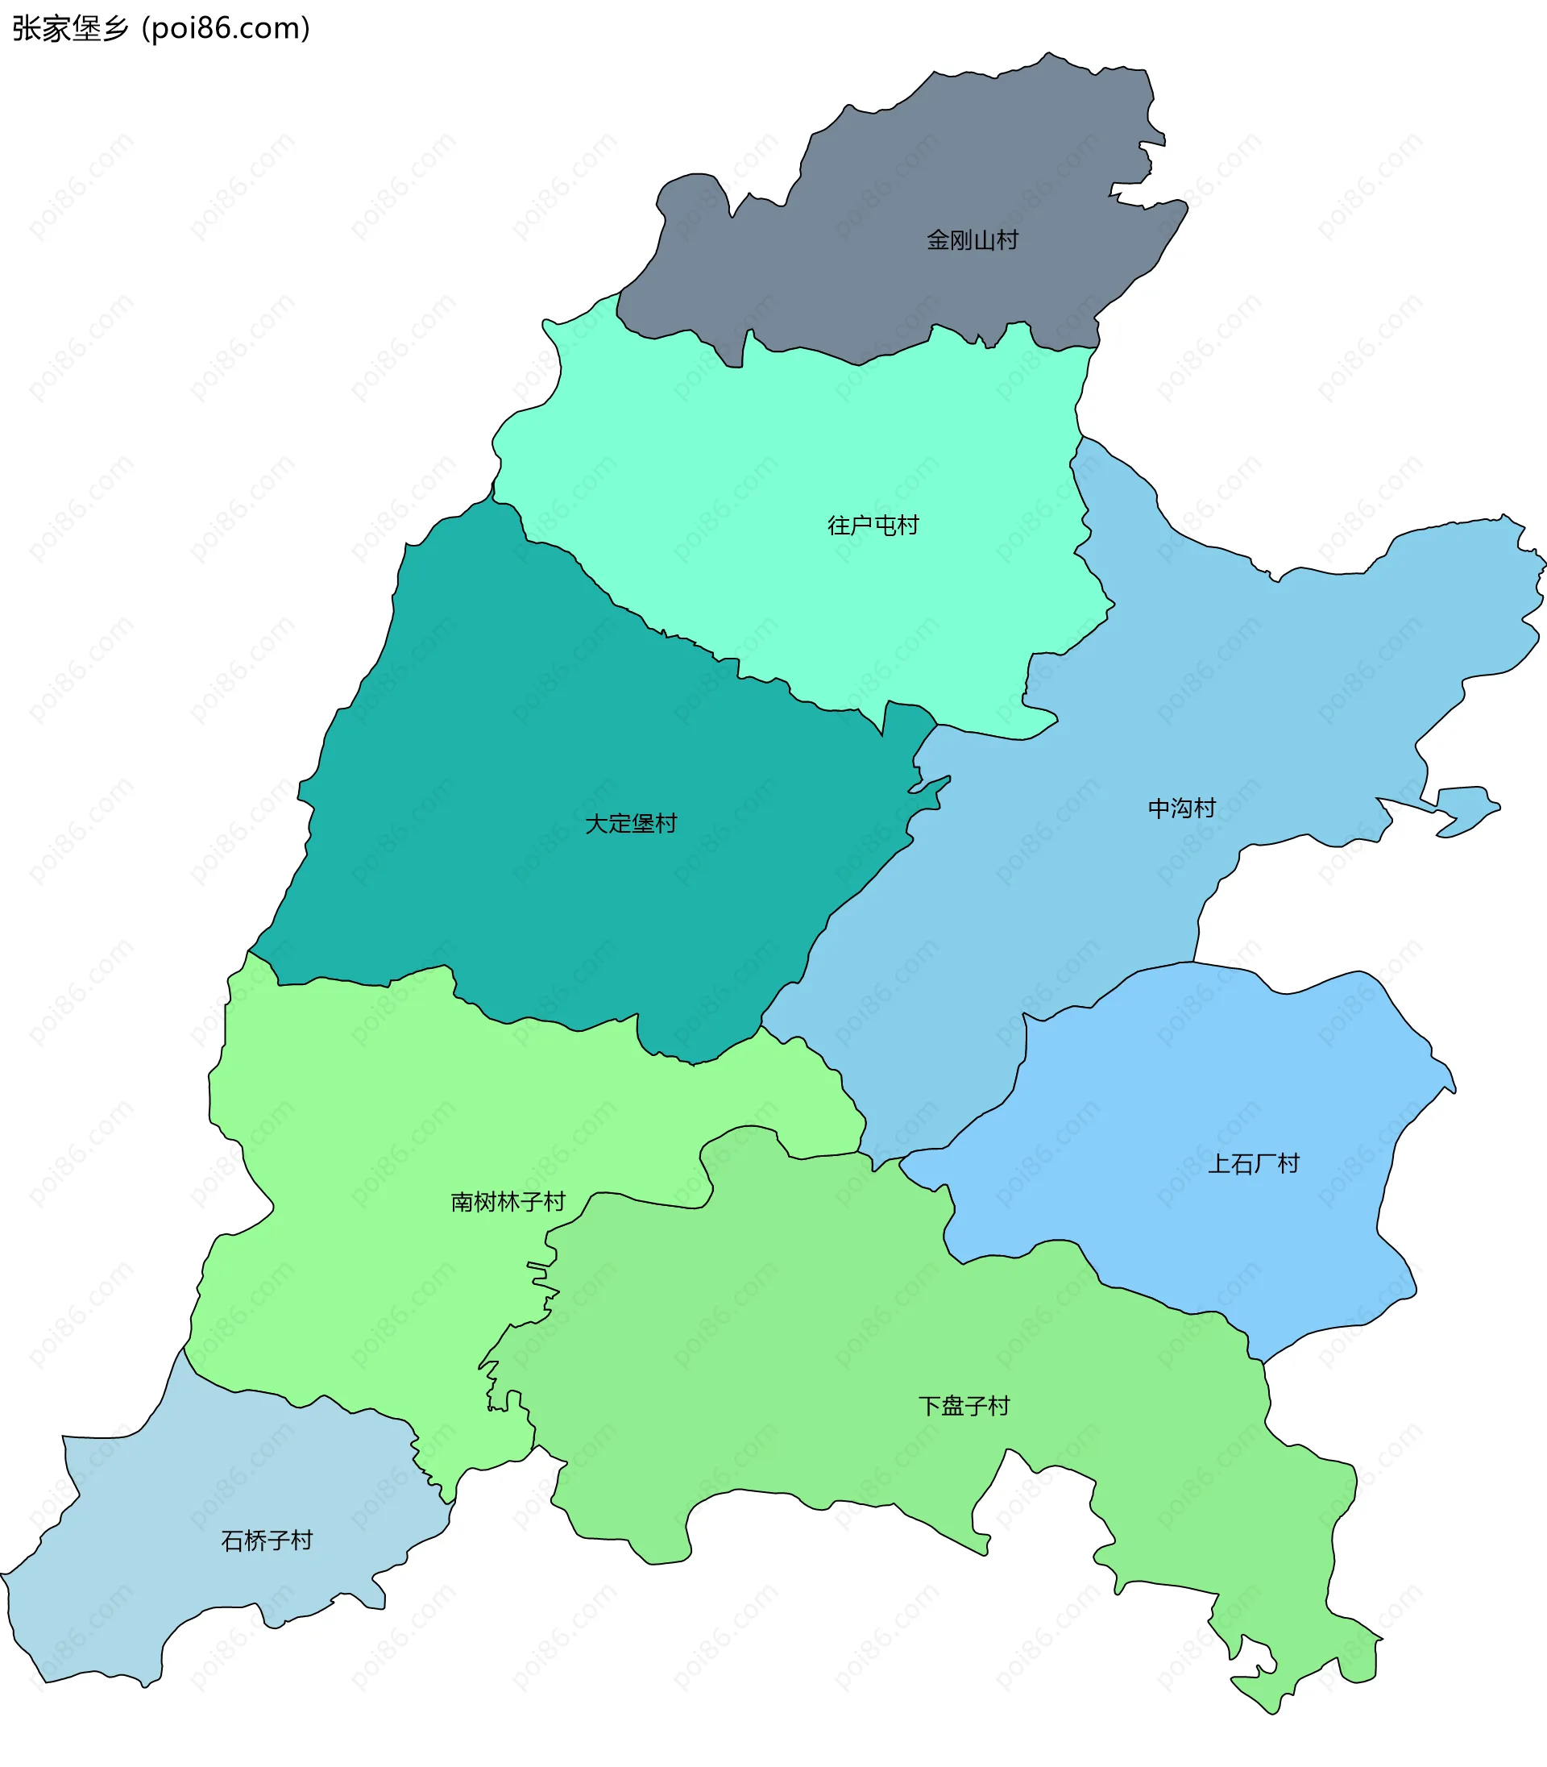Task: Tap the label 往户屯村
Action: click(873, 525)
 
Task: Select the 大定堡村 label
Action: click(631, 823)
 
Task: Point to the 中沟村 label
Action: click(1181, 809)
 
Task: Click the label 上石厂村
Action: click(1253, 1164)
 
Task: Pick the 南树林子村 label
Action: click(508, 1202)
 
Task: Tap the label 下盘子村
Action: click(964, 1406)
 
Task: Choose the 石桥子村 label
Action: click(267, 1540)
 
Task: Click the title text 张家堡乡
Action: click(69, 29)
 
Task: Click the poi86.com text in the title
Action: click(226, 29)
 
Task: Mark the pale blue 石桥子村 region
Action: click(172, 1598)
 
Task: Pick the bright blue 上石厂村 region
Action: click(1209, 1079)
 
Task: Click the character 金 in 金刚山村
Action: click(939, 240)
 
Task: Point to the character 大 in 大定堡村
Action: click(596, 823)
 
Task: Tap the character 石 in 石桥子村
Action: click(232, 1540)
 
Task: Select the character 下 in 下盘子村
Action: click(930, 1406)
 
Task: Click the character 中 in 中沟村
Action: click(1159, 809)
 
